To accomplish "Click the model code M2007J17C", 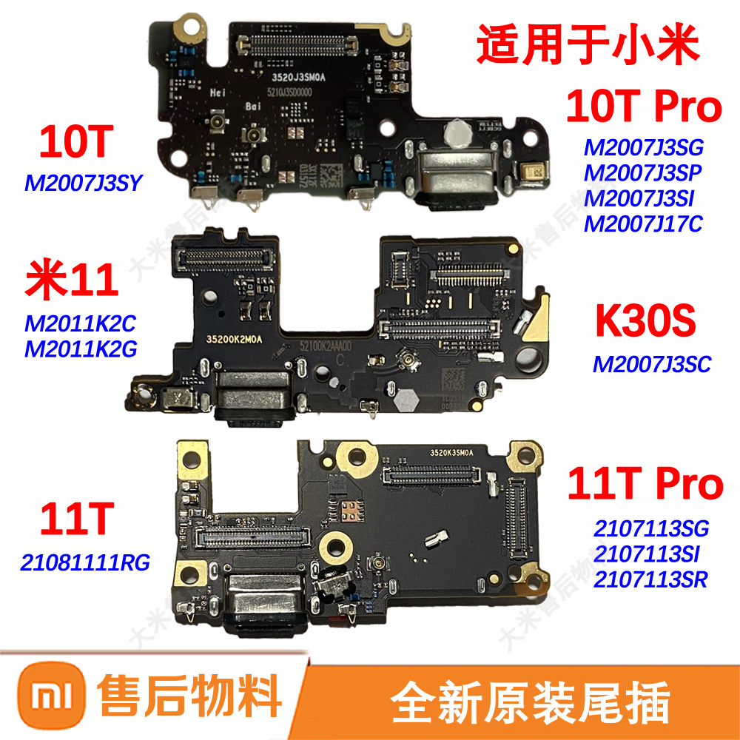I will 642,223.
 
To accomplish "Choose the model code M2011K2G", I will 81,348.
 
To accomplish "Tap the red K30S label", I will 643,323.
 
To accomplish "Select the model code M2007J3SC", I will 651,363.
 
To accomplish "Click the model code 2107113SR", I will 650,579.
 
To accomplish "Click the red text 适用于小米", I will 588,46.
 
